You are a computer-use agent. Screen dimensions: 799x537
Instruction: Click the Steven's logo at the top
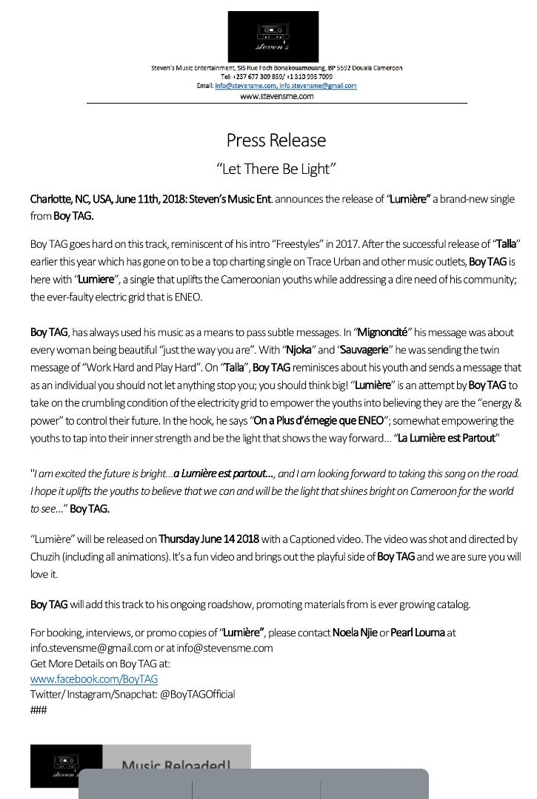pos(273,36)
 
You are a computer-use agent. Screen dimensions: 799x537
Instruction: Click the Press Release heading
pos(276,141)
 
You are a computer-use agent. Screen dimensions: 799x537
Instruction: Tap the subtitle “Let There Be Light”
pos(276,169)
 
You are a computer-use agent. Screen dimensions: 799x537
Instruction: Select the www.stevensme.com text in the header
pos(276,96)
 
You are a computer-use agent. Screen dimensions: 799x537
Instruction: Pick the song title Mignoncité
pos(383,333)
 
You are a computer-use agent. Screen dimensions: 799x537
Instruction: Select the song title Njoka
pos(300,350)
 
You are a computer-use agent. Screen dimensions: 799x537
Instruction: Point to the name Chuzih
pos(45,557)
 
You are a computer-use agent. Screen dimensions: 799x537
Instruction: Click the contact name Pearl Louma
pos(418,633)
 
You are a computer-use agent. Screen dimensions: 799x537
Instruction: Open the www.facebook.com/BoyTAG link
pos(94,679)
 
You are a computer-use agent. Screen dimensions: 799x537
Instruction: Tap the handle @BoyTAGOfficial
pos(197,695)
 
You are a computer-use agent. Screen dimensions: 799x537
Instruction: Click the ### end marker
pos(39,710)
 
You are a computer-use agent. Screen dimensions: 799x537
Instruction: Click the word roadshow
pos(227,604)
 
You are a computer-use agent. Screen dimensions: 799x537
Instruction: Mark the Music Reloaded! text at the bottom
pos(176,763)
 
